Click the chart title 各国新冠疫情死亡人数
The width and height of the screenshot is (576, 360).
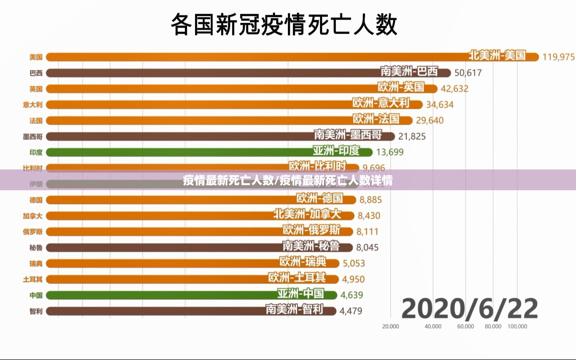tap(284, 25)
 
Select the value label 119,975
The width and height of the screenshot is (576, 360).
tap(558, 57)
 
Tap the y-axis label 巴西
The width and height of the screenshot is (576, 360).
tap(36, 73)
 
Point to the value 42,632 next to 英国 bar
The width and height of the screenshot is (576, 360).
tap(454, 89)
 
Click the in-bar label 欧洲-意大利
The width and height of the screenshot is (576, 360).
tap(381, 103)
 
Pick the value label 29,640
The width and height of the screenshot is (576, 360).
tap(430, 120)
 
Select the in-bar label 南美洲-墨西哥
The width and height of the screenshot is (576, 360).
tap(348, 135)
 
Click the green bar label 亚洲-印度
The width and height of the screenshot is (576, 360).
tap(336, 151)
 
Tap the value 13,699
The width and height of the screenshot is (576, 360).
tap(390, 152)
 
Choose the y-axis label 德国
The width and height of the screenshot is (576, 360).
tap(36, 200)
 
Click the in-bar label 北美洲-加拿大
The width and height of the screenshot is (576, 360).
tap(307, 214)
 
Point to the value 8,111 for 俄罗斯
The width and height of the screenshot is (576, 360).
tap(367, 231)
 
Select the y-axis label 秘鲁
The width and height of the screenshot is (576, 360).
tap(36, 248)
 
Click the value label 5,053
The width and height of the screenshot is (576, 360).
tap(354, 263)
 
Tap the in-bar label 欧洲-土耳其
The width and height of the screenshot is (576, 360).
tap(297, 277)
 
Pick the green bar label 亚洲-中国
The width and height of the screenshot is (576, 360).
tap(301, 293)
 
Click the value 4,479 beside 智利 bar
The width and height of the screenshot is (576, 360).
tap(351, 311)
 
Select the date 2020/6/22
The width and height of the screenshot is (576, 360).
tap(469, 309)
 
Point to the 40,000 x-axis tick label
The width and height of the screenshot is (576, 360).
tap(433, 326)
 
